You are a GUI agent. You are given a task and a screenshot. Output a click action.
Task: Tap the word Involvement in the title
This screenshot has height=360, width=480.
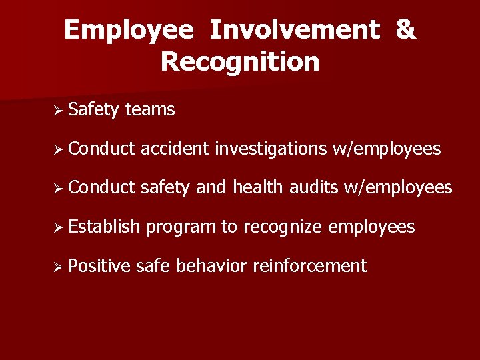pos(294,31)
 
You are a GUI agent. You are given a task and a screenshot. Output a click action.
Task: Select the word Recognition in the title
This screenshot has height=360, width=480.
pos(240,62)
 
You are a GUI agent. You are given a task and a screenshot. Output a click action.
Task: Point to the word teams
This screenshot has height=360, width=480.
pos(150,109)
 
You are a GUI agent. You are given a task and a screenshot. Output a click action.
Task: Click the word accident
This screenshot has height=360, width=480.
pos(176,149)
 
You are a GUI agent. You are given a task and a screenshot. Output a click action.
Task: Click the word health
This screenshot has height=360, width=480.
pos(259,188)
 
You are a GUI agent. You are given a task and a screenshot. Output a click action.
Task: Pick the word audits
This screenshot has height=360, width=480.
pos(315,188)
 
